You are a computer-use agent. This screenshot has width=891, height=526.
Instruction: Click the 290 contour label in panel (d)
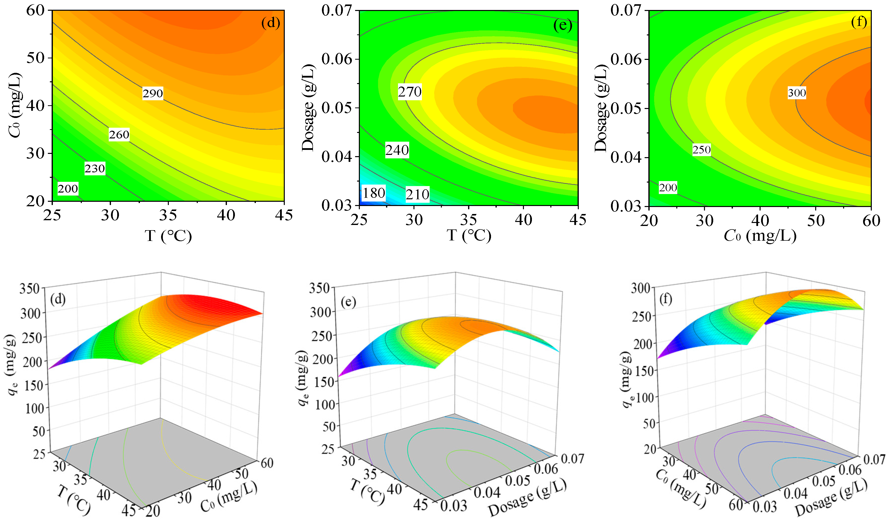[153, 94]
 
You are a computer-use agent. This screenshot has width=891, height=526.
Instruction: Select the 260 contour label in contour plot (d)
[119, 135]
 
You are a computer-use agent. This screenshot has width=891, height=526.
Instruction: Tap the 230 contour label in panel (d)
[95, 168]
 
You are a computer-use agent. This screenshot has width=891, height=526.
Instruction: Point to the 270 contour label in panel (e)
[410, 92]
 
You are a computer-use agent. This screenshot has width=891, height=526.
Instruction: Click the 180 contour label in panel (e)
[373, 193]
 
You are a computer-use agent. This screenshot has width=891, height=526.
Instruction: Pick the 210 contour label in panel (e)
[417, 195]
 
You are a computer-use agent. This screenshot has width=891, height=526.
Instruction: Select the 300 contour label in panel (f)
[797, 93]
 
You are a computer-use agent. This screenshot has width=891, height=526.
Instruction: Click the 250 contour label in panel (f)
[701, 150]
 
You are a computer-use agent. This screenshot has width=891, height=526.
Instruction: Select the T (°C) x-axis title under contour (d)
[168, 236]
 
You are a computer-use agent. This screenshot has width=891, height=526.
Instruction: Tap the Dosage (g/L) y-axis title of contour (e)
[308, 108]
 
